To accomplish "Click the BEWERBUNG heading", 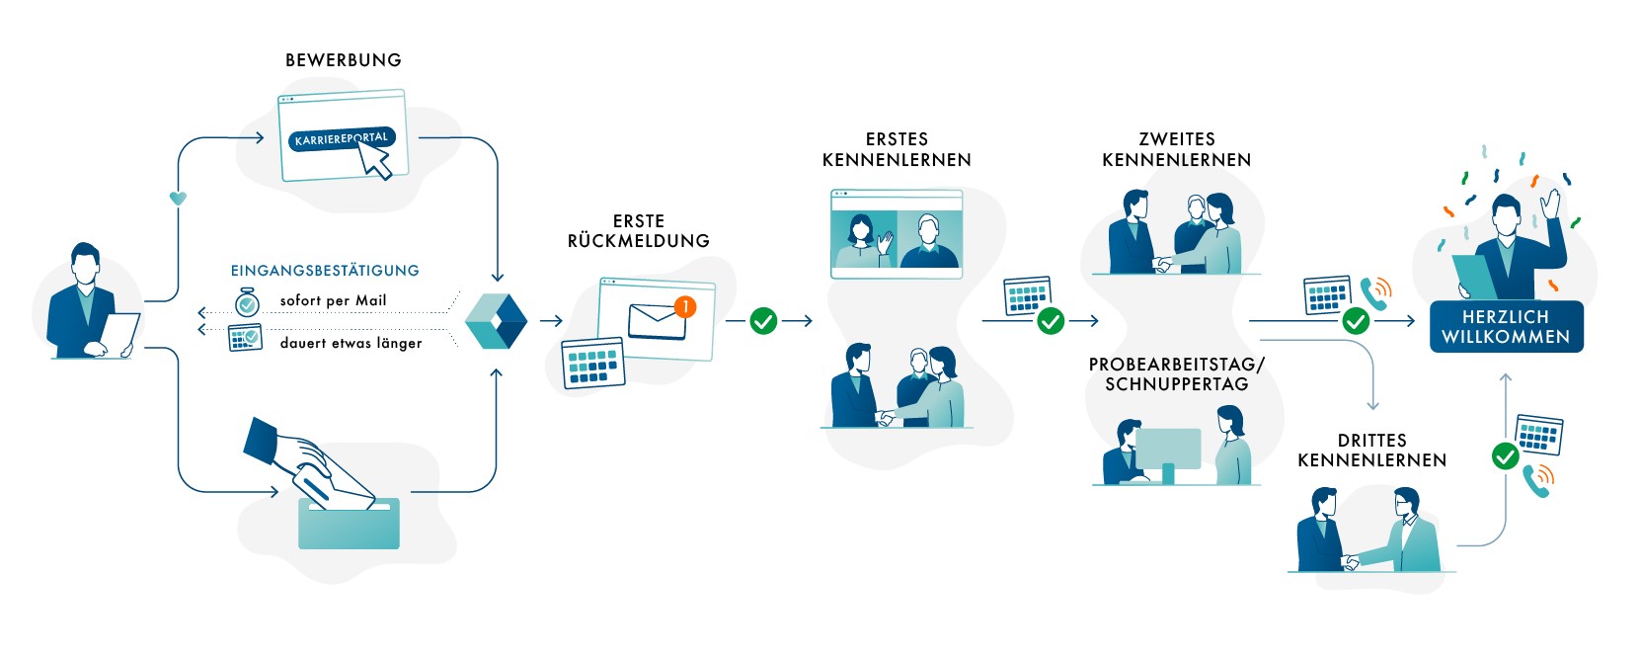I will click(x=344, y=60).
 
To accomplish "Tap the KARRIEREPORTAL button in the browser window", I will click(x=339, y=138).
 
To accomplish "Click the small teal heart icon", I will click(x=178, y=198).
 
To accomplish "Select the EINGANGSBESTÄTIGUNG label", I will click(x=325, y=271).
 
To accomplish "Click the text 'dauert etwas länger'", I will click(x=351, y=343).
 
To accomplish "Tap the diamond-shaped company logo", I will click(x=496, y=321).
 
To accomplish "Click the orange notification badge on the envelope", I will click(x=684, y=307).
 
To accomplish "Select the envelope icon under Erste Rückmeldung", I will click(x=657, y=322).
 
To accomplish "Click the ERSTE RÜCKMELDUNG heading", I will click(x=639, y=231).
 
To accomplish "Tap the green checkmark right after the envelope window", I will click(x=763, y=321).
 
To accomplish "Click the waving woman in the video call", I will click(x=864, y=242).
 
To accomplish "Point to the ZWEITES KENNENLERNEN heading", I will click(x=1177, y=149).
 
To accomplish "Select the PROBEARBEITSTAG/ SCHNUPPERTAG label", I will click(x=1177, y=374).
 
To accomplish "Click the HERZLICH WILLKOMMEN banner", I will click(x=1506, y=327).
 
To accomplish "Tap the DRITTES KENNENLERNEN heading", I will click(x=1372, y=451).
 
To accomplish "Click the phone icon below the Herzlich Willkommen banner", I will click(x=1537, y=480).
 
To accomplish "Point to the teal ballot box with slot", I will click(x=349, y=525).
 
